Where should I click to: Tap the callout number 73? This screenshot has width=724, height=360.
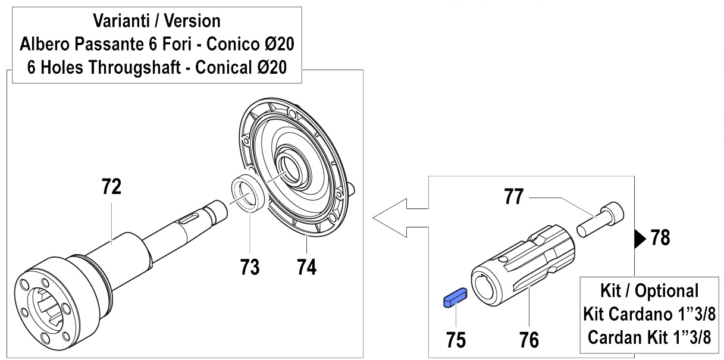coord(250,267)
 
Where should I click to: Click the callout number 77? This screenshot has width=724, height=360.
coord(513,196)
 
